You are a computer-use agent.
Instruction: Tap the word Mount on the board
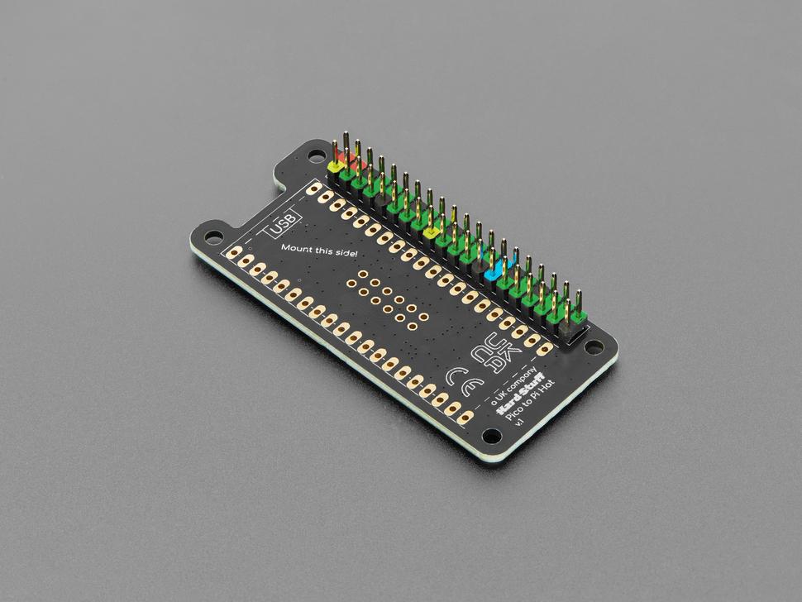click(297, 248)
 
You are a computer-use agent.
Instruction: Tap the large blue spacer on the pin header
click(494, 270)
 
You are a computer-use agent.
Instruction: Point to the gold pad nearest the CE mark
click(438, 395)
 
